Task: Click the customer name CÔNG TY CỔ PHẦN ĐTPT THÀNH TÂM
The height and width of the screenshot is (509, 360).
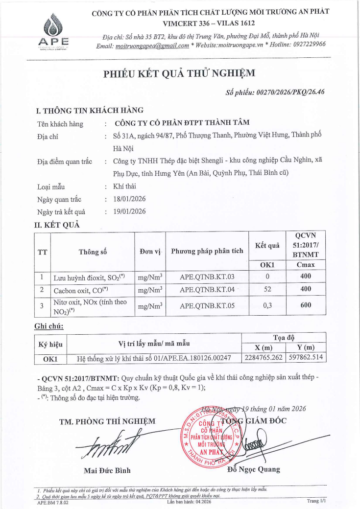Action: (181, 123)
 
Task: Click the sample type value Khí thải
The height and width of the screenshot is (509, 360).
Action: (124, 186)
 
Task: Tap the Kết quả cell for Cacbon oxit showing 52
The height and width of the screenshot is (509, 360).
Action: (267, 290)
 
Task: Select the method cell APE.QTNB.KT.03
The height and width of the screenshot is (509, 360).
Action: (207, 277)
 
